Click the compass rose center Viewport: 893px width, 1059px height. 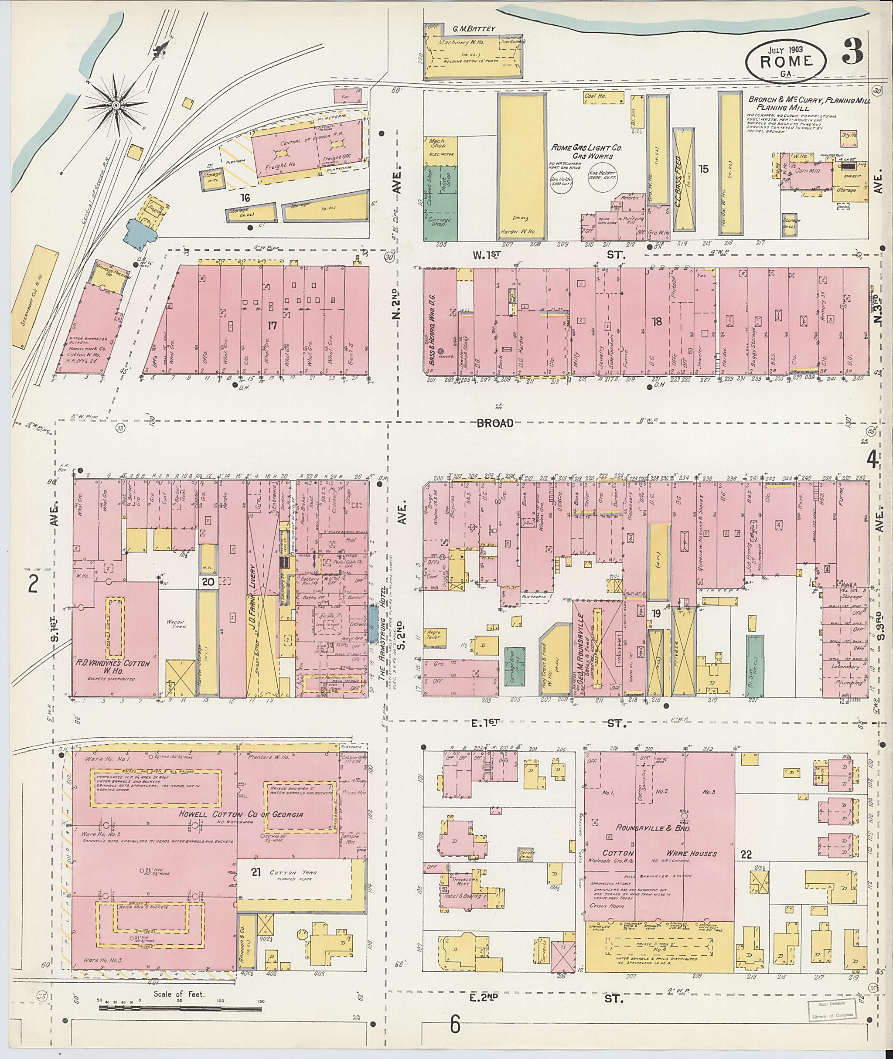pos(116,105)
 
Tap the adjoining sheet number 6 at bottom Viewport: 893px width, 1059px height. pos(455,1025)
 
